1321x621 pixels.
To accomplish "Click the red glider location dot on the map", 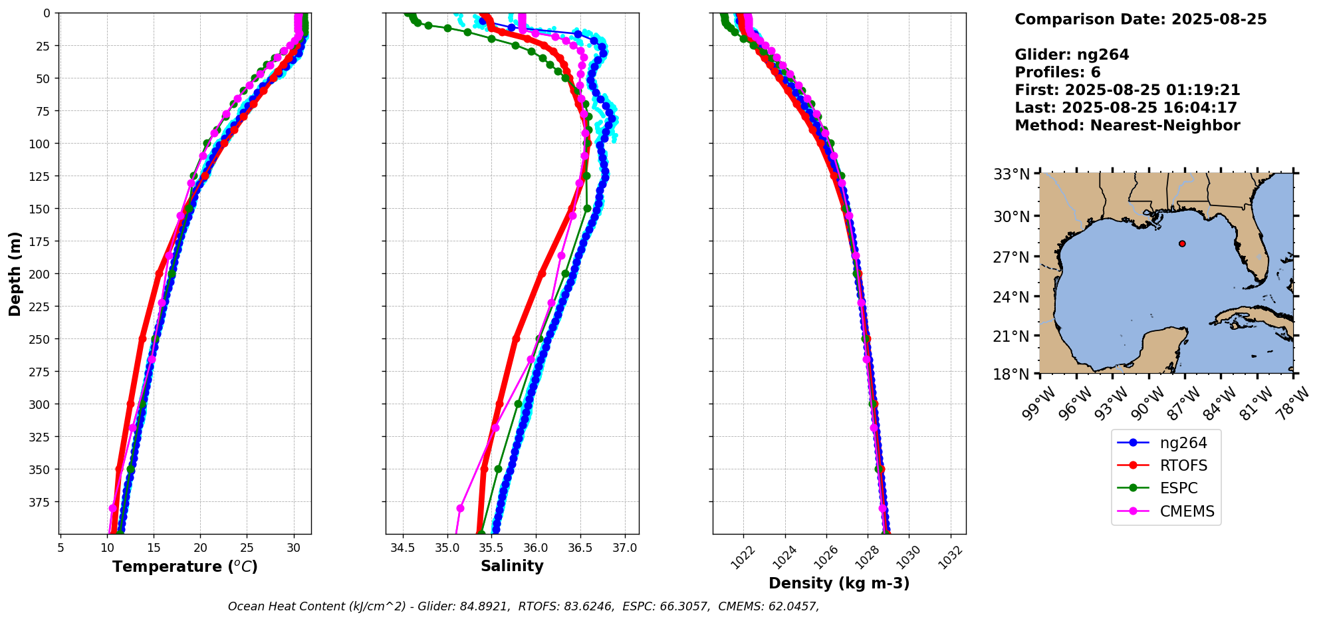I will pos(1182,243).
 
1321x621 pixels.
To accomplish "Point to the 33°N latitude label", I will pos(1011,175).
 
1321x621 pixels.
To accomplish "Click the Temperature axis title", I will pos(185,566).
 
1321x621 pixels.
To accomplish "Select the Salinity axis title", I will pos(512,566).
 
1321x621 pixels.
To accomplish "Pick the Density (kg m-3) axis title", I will pos(839,583).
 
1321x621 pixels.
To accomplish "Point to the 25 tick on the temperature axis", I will pos(247,548).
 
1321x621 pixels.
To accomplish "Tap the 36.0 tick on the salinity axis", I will pos(536,548).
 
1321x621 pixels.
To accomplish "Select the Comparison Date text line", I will pos(1140,19).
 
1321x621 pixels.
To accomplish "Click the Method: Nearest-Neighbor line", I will pos(1127,126).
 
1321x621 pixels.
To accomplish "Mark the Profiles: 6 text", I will pos(1057,72).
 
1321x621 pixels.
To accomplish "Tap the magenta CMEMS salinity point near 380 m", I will pos(460,508).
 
